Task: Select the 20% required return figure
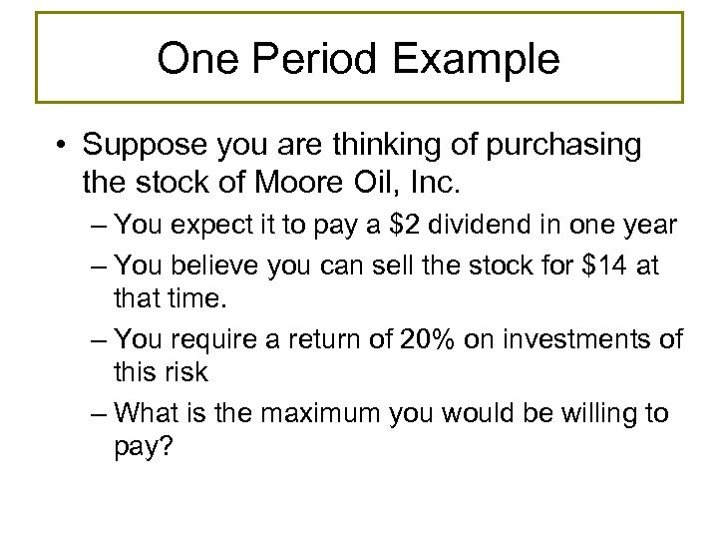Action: click(x=447, y=339)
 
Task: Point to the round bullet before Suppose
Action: click(x=64, y=146)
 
